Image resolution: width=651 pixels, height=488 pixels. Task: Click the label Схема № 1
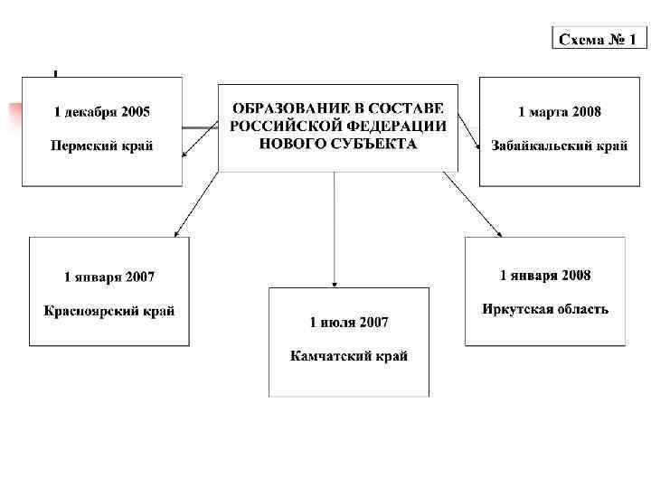click(x=598, y=39)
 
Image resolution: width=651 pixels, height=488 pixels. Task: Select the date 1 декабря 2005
click(x=102, y=112)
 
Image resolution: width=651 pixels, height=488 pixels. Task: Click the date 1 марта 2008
click(x=559, y=112)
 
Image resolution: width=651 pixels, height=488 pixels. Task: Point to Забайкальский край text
click(x=559, y=145)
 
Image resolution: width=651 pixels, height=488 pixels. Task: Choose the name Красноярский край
click(x=109, y=311)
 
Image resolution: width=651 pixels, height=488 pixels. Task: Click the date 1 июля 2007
click(x=349, y=322)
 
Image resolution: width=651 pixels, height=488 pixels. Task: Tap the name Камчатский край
click(x=349, y=356)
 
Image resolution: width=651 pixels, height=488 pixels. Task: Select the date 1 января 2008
click(x=545, y=275)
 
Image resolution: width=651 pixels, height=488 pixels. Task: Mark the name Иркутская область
click(x=545, y=308)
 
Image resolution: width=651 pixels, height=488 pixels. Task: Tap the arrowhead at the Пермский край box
click(x=185, y=155)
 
